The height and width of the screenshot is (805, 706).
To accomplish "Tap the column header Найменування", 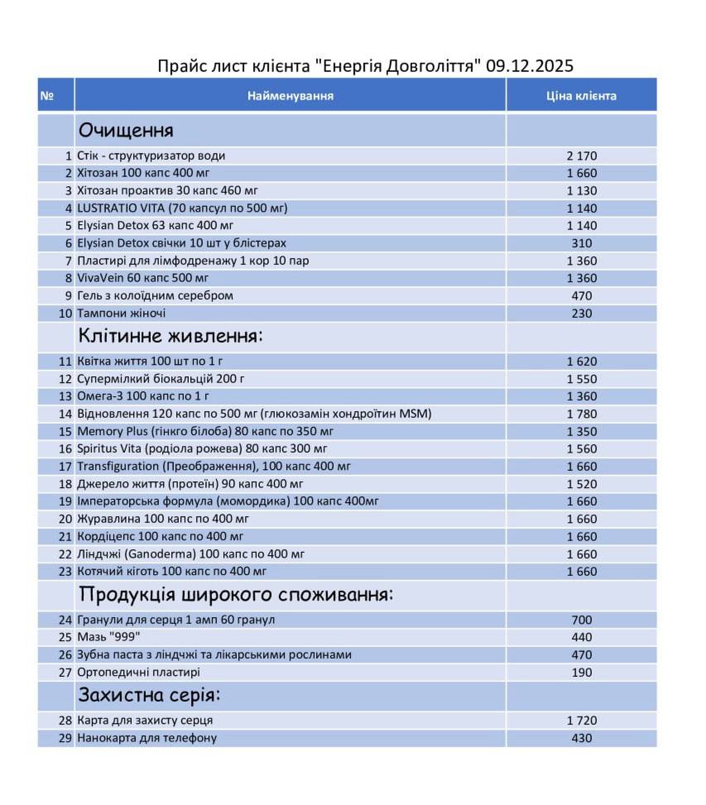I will [291, 96].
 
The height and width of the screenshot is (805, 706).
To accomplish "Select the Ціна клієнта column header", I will [581, 96].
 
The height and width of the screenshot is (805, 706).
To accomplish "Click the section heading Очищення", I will [126, 131].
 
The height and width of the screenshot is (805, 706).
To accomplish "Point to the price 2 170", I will [581, 156].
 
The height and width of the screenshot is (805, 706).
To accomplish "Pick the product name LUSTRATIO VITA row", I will [182, 208].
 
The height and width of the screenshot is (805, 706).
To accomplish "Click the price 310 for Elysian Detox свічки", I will [581, 243].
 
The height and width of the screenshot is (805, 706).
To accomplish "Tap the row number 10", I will [65, 314].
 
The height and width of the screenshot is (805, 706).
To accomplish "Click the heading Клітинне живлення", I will [170, 336].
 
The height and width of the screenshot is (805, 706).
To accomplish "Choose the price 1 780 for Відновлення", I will [581, 414].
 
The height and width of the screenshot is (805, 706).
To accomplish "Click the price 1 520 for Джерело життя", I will [581, 484].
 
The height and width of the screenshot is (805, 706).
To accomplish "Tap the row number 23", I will [65, 571].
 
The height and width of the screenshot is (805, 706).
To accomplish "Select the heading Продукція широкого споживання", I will [235, 595].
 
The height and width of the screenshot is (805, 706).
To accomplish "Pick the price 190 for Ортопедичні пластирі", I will [581, 673].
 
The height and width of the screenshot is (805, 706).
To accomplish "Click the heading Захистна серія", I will [149, 695].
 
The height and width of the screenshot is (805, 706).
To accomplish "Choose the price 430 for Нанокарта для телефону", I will [581, 737].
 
